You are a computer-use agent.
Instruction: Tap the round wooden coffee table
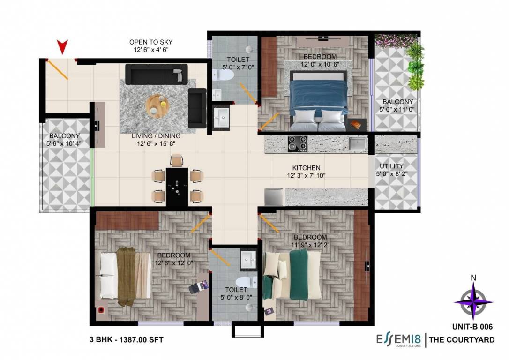[156, 105]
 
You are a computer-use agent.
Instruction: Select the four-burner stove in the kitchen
[297, 143]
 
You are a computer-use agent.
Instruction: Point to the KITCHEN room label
[306, 168]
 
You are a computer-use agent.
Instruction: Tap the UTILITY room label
[391, 166]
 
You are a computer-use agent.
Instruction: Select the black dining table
[177, 186]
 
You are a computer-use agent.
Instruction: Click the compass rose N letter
[473, 277]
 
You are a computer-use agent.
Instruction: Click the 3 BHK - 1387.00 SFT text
[126, 340]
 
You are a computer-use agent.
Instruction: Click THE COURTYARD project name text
[462, 340]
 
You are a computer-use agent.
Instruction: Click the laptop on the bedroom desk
[198, 286]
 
